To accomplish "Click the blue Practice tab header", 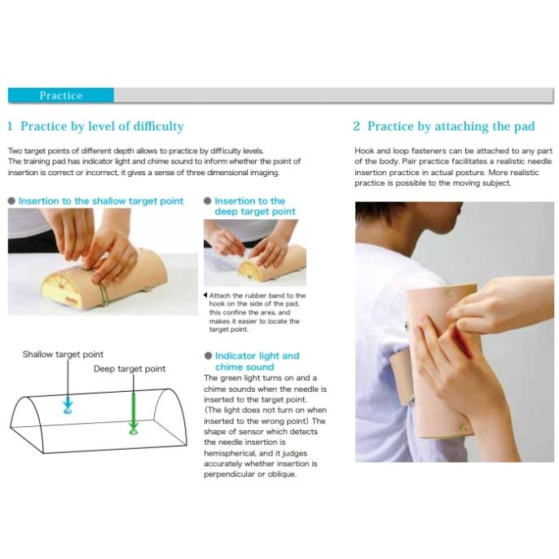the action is pos(61,95).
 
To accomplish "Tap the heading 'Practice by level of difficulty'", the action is pos(102,126).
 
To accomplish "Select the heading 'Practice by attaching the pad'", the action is pos(451,126).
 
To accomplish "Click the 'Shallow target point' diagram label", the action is pos(63,354).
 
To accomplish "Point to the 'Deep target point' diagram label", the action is pos(130,368).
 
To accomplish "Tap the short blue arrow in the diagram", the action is pos(68,404).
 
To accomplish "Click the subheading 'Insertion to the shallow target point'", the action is pos(101,201).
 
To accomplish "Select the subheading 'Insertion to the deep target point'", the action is pos(255,206).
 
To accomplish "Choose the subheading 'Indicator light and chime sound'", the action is pos(257,361).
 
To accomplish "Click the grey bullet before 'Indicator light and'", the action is pos(209,356).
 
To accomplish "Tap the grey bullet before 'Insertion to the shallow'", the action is pos(11,201).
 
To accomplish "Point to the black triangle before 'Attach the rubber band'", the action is pos(205,295).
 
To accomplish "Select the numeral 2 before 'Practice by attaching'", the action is pos(357,126).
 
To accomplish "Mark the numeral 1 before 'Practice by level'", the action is pos(10,126).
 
